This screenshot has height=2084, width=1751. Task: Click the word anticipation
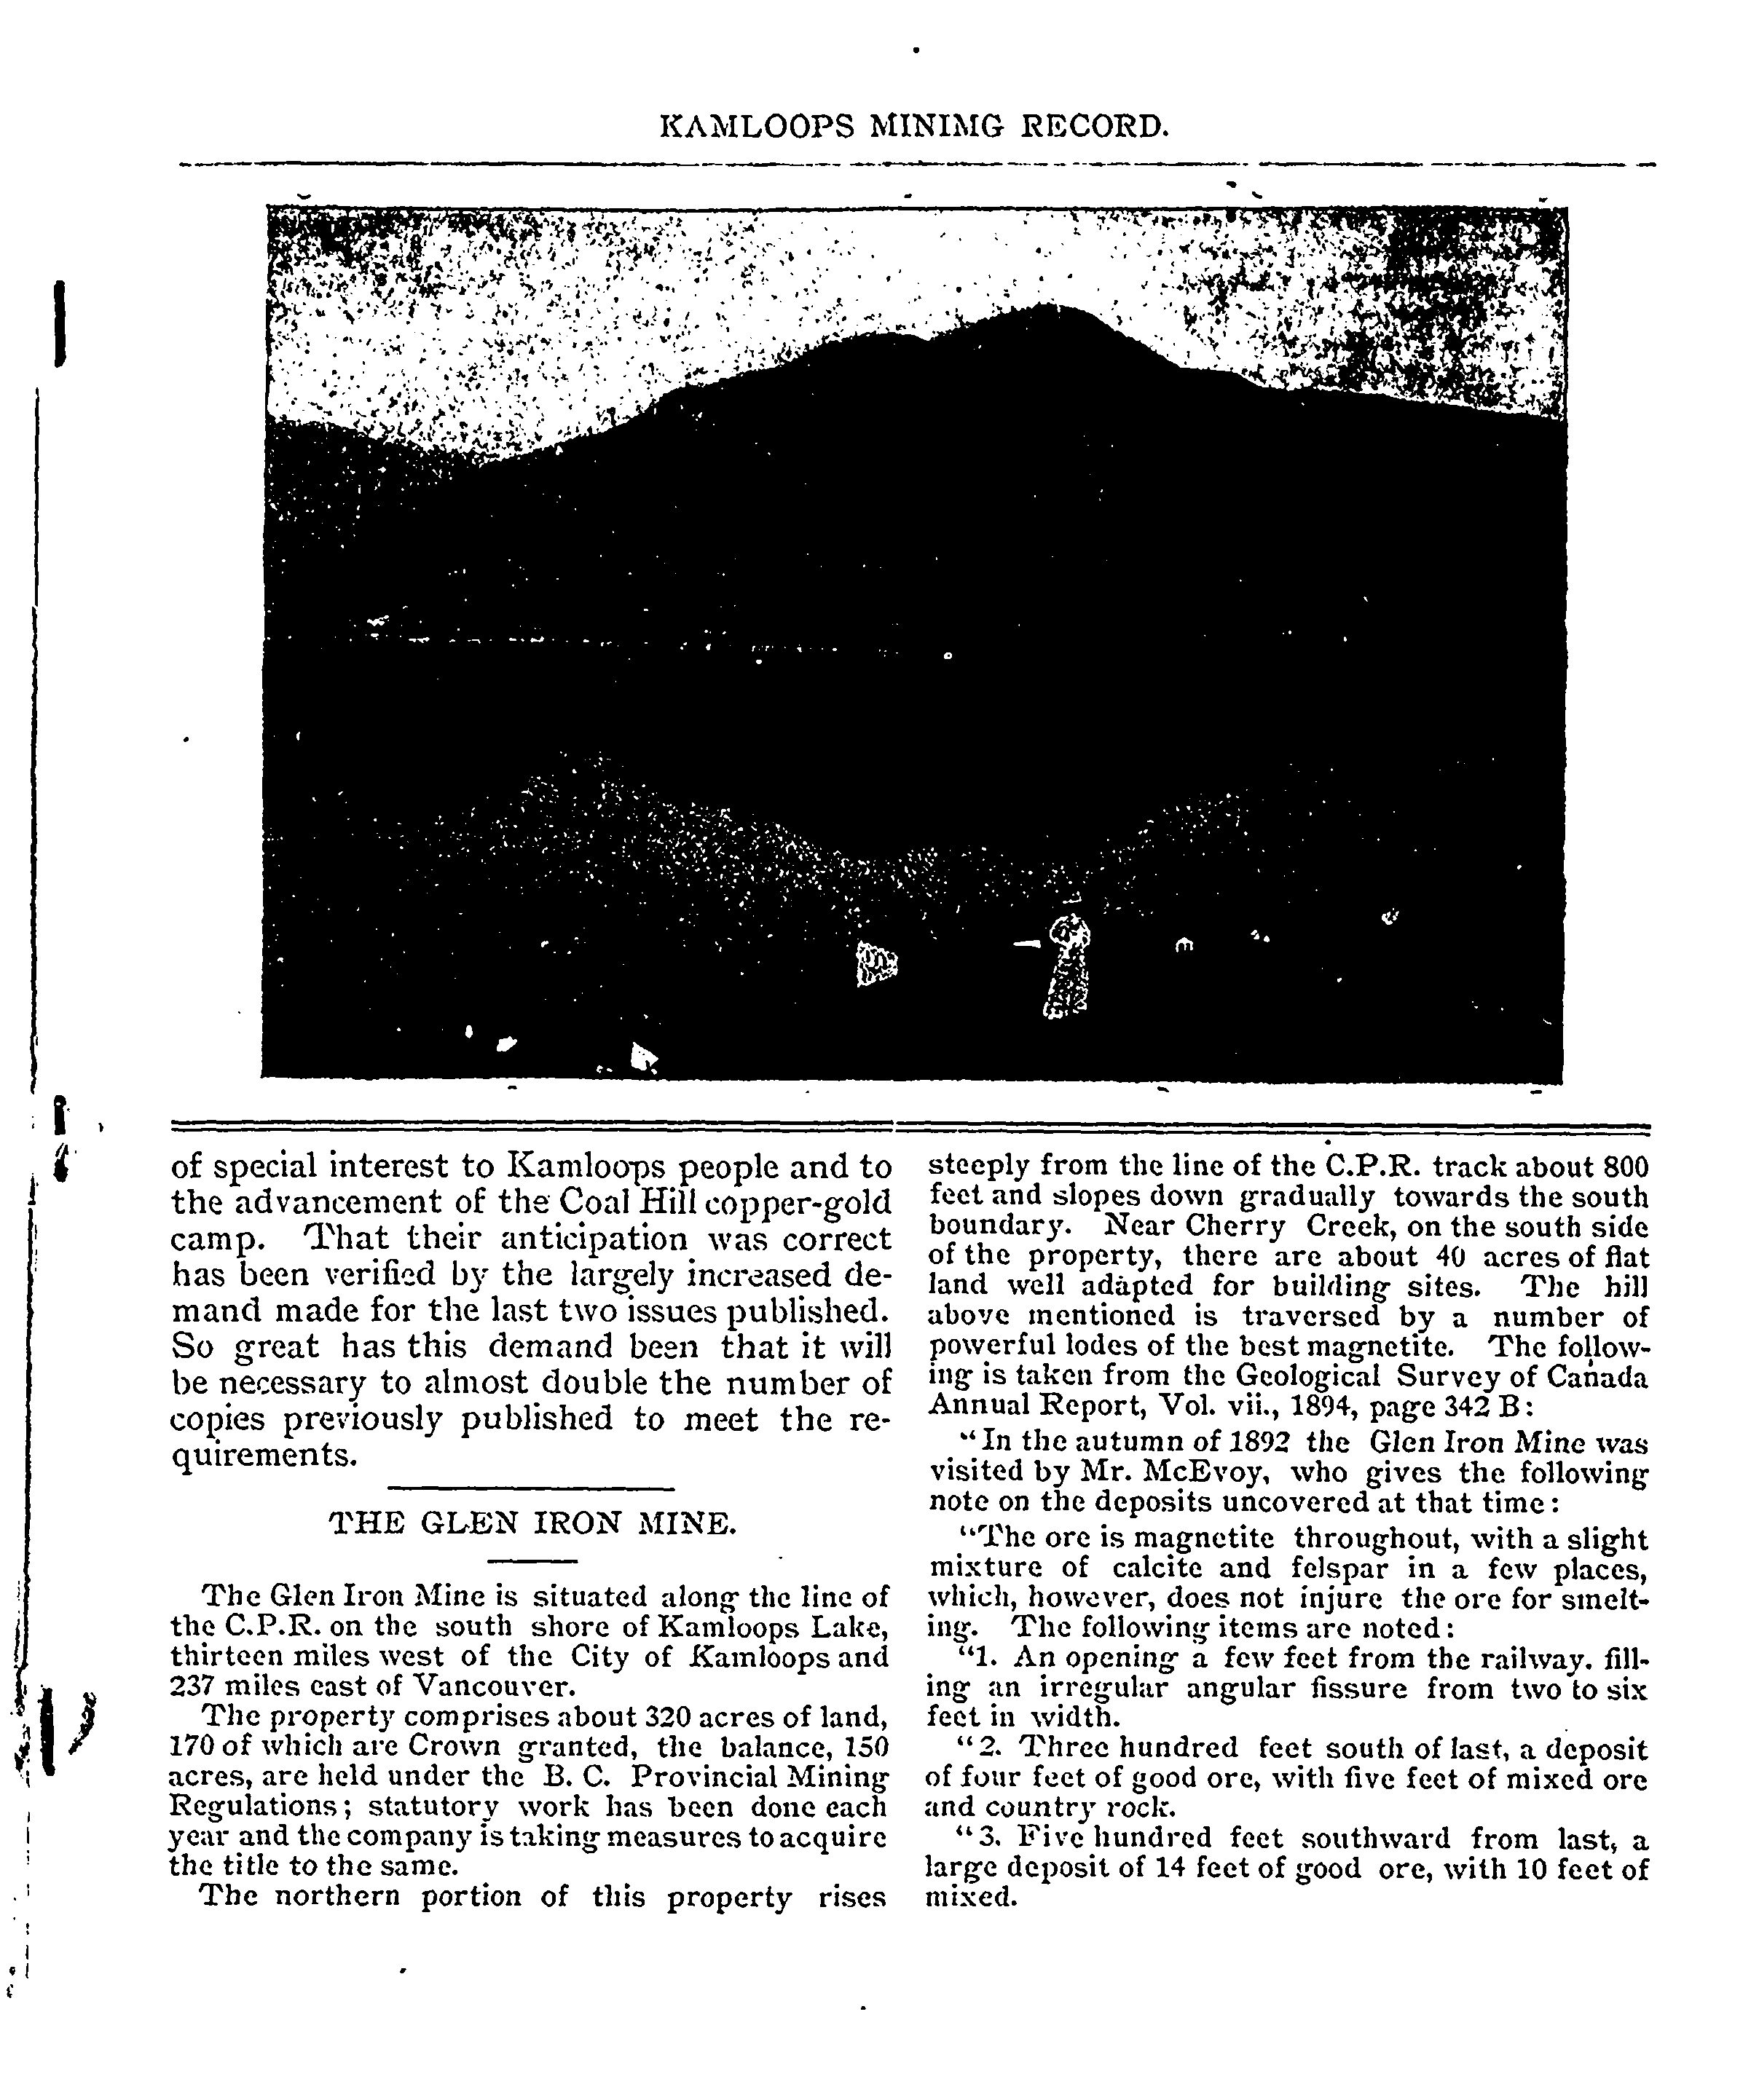(586, 1239)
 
